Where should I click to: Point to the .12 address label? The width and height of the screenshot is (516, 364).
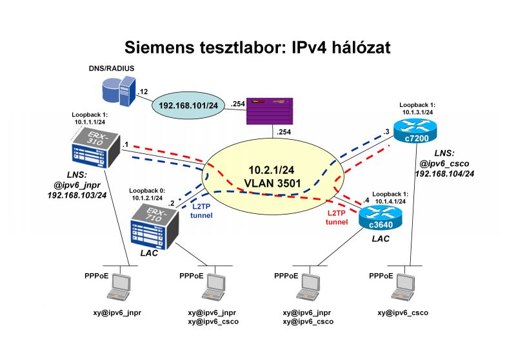tap(143, 91)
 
